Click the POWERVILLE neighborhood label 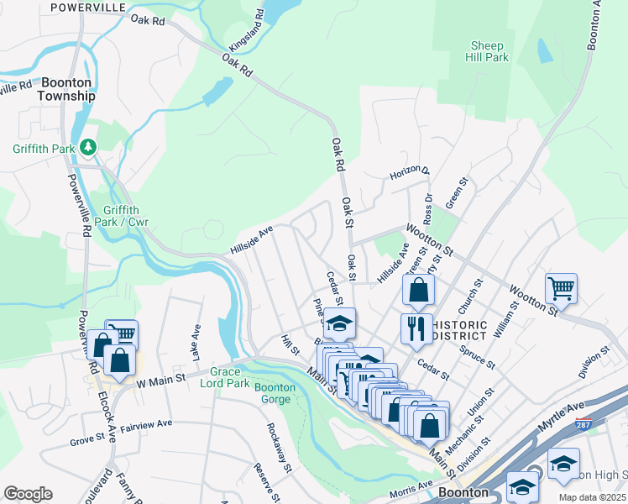(87, 7)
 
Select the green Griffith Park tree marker (88, 148)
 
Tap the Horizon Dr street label (409, 174)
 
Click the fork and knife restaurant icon (416, 328)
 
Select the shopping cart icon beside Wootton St (560, 288)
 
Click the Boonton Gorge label (275, 393)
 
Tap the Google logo (28, 494)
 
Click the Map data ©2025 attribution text (580, 497)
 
